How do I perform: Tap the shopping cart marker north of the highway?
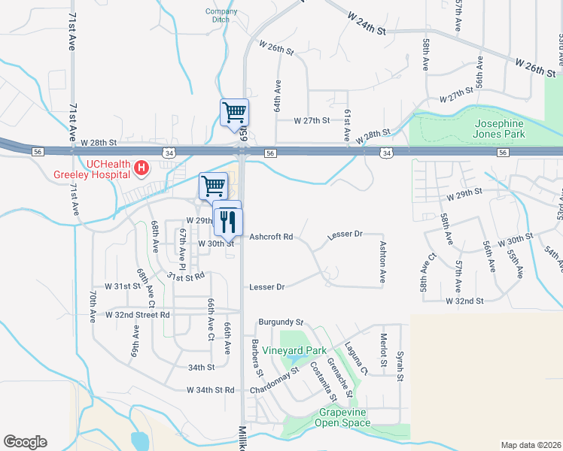point(234,113)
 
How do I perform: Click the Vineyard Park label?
point(315,350)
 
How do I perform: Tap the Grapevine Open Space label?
point(345,417)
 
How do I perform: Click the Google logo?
point(25,442)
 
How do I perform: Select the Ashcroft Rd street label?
point(271,237)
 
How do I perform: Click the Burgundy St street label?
point(279,322)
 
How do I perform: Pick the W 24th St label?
point(367,23)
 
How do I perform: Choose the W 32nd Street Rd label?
point(138,314)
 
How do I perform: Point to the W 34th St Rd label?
point(211,390)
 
